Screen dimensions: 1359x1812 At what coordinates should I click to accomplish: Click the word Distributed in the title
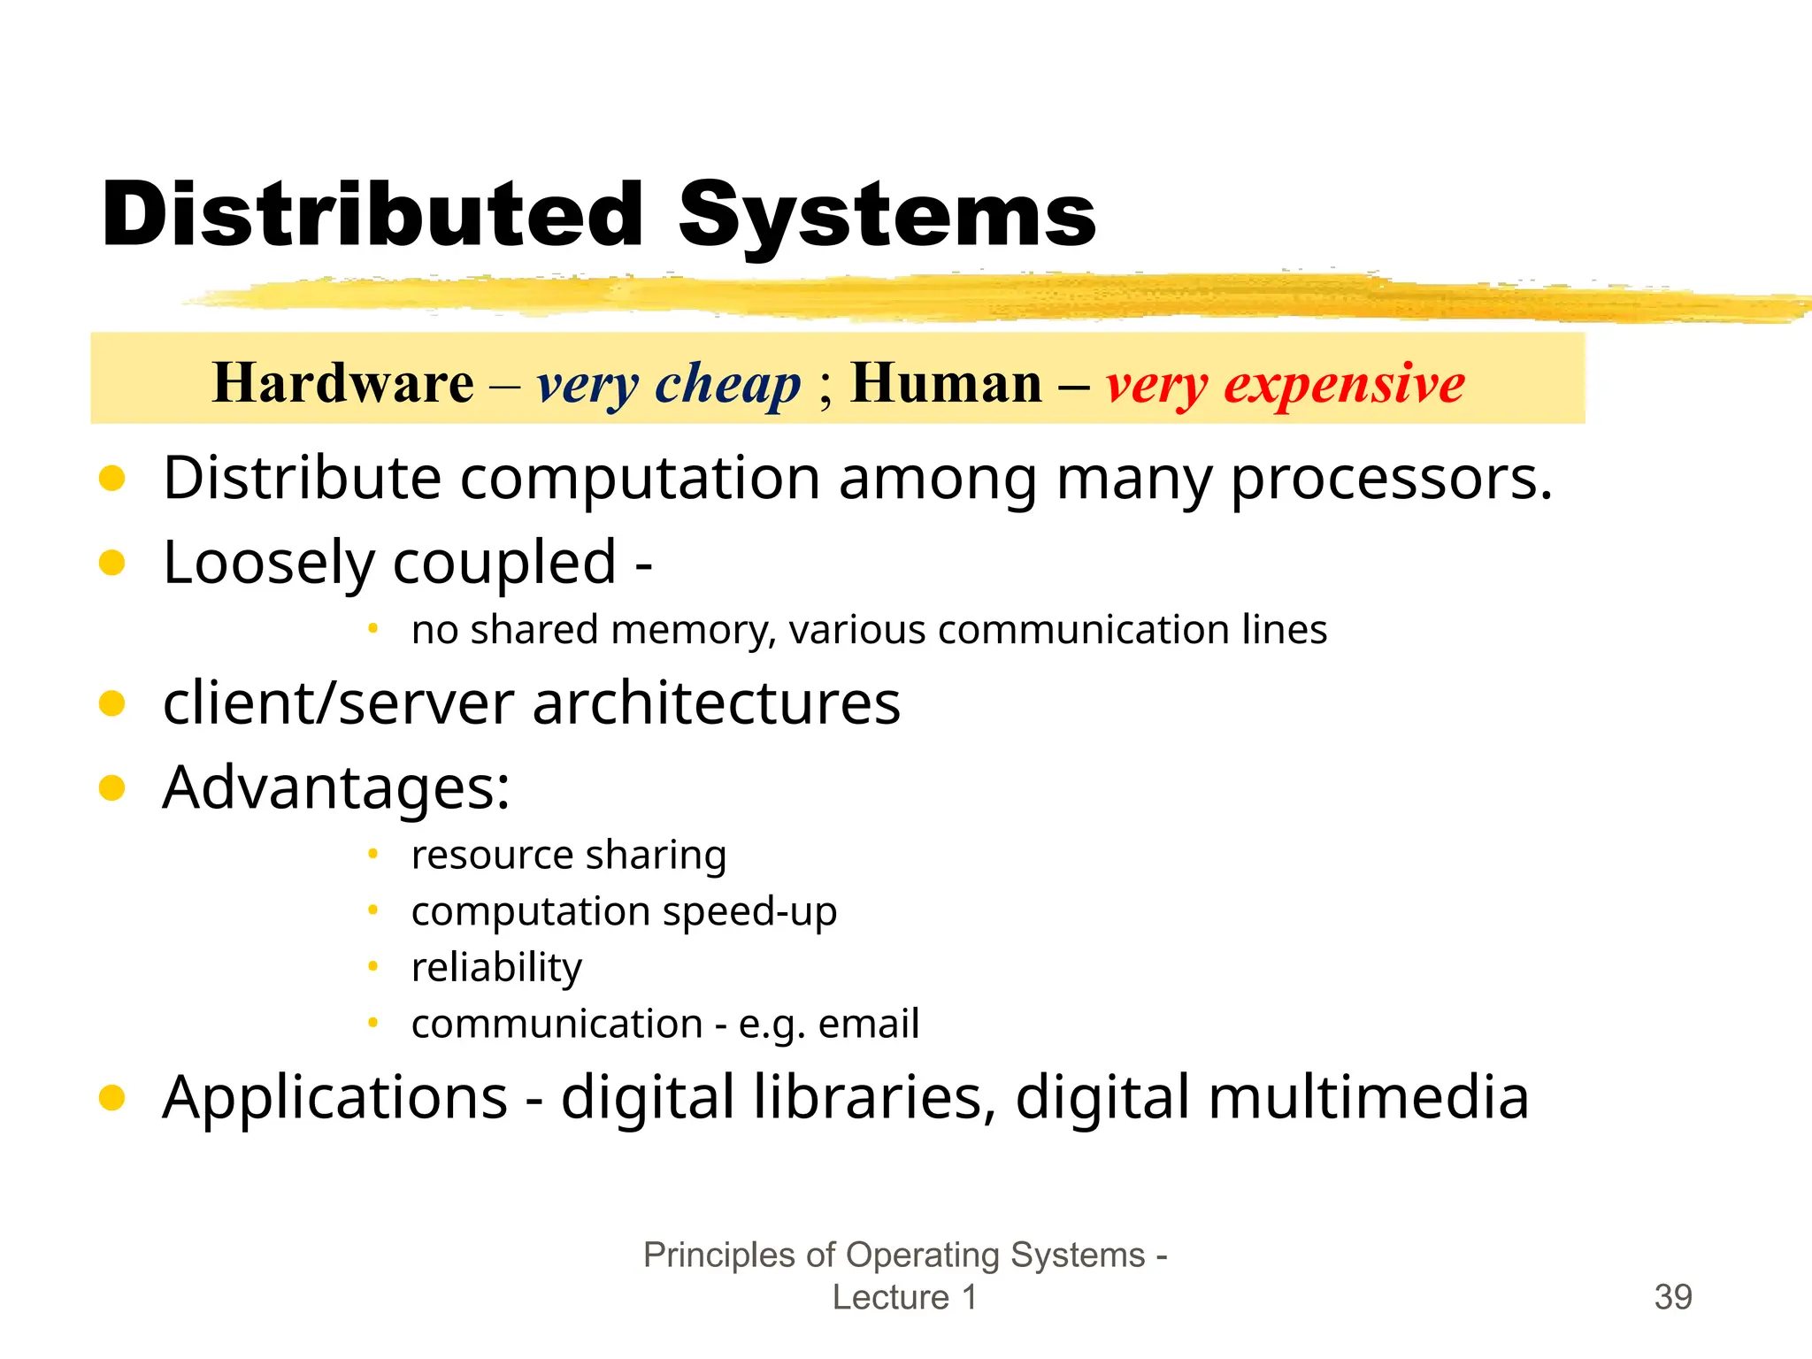(x=372, y=215)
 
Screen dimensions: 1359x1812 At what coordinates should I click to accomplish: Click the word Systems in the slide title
(x=887, y=215)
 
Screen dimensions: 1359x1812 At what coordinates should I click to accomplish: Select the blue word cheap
(x=727, y=385)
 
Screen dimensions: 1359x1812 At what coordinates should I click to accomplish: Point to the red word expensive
(x=1344, y=385)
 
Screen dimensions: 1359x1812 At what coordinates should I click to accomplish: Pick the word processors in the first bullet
(x=1391, y=479)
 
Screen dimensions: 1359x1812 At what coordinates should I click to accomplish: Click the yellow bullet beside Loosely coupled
(x=112, y=563)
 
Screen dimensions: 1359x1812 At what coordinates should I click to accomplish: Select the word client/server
(x=337, y=703)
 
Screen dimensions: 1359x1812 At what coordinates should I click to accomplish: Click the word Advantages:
(x=336, y=787)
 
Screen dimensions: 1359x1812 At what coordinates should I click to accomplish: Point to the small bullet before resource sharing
(x=373, y=854)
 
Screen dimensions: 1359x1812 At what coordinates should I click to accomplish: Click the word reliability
(x=496, y=967)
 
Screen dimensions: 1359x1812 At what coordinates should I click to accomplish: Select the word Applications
(x=334, y=1098)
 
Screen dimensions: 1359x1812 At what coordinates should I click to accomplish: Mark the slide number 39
(x=1672, y=1297)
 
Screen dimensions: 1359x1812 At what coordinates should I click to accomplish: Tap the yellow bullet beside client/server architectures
(x=112, y=703)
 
